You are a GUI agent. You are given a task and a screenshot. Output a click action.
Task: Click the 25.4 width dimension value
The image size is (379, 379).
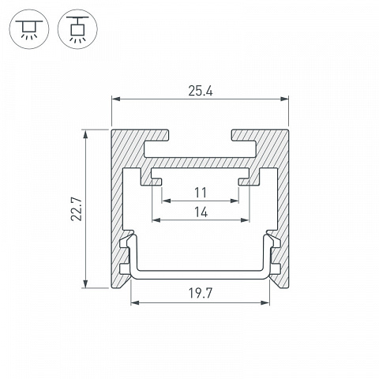coord(201,91)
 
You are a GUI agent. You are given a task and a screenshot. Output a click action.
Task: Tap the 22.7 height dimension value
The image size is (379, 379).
coord(77,208)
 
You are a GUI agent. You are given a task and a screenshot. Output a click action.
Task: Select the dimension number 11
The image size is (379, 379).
coord(201,193)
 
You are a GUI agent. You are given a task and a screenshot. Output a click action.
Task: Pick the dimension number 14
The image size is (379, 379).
coord(201,212)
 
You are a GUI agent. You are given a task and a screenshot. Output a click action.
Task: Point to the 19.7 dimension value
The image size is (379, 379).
coord(200,293)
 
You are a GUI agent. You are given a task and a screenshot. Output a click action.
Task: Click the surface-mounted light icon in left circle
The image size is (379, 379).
coord(29,29)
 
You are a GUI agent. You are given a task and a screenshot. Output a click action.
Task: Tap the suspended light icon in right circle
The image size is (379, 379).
coord(77,29)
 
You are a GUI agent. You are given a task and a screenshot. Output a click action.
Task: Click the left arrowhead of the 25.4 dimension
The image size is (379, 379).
coord(116,99)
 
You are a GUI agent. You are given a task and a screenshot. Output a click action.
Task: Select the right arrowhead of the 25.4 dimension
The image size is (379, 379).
coord(284,99)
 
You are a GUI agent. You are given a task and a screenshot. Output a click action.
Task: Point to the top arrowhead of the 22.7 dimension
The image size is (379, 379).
coord(85,134)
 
